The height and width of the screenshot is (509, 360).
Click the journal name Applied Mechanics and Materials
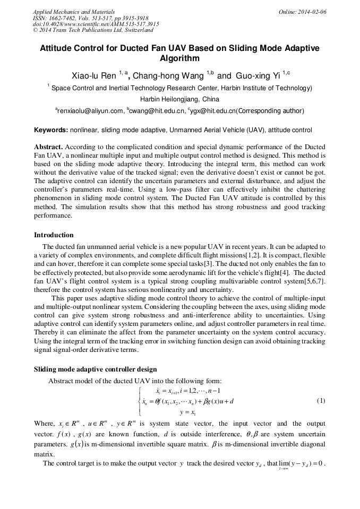click(74, 11)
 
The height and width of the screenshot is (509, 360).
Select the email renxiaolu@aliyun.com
click(90, 111)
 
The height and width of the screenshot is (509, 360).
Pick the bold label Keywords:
click(51, 130)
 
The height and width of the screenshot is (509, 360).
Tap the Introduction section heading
click(54, 235)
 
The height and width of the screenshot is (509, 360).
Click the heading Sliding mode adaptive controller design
click(95, 369)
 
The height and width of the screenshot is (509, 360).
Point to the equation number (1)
click(321, 401)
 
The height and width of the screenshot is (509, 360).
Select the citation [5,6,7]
click(313, 281)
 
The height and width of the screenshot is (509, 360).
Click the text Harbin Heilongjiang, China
click(179, 99)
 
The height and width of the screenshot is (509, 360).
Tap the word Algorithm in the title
click(179, 58)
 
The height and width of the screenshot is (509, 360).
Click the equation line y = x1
click(187, 412)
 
